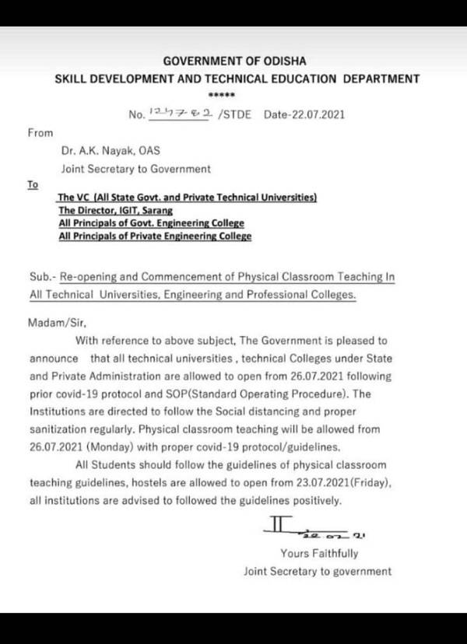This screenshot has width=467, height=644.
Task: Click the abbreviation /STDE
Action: pyautogui.click(x=237, y=114)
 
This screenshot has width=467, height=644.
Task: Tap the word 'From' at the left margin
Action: pyautogui.click(x=40, y=133)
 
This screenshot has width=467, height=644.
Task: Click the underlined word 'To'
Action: pyautogui.click(x=33, y=185)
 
